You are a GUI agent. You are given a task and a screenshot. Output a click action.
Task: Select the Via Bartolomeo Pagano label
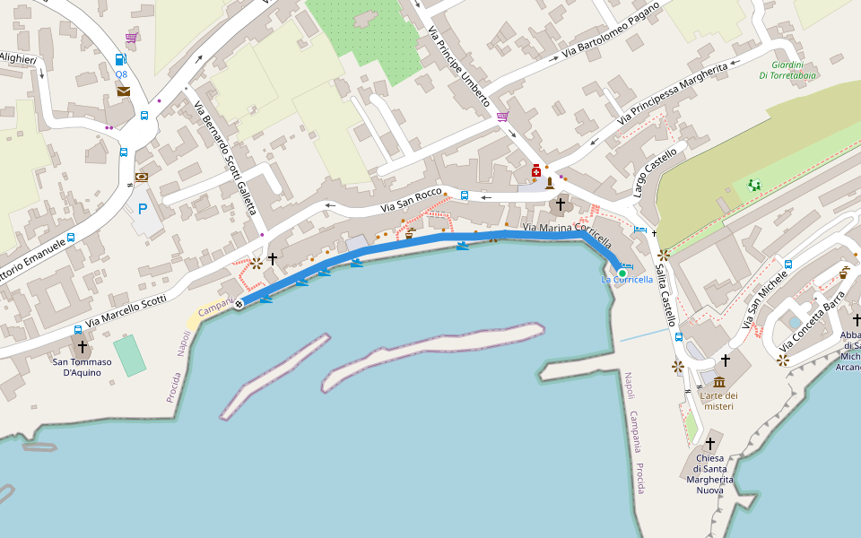(611, 30)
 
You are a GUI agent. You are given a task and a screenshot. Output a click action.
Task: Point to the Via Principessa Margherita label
(673, 93)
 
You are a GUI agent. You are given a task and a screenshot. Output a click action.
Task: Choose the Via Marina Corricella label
(567, 234)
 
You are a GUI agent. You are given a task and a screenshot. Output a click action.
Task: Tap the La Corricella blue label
(627, 280)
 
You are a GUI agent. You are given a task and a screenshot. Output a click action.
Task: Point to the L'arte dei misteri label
(718, 401)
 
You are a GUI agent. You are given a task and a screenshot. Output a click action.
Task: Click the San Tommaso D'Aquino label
(83, 368)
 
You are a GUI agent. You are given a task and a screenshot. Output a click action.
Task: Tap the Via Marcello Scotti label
(126, 312)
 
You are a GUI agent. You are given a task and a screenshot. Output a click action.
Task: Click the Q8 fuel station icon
(120, 60)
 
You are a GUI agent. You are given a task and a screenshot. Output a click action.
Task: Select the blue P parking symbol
(142, 210)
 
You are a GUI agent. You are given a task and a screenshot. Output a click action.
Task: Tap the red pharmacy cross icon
(536, 170)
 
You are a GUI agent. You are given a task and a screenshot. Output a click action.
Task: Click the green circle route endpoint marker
(622, 272)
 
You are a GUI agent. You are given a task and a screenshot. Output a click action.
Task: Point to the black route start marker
(239, 304)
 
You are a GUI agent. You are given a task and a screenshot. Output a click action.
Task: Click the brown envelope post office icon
(123, 91)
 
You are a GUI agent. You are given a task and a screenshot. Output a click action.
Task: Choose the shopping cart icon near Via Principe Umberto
(502, 117)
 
